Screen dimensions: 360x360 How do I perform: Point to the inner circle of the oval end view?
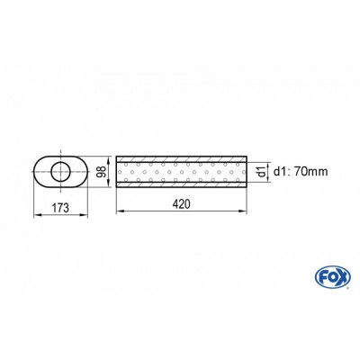(x=61, y=169)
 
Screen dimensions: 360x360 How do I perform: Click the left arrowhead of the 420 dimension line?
(x=120, y=211)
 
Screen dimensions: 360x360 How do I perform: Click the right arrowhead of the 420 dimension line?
(x=245, y=211)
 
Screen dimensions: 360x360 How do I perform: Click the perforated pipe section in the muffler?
(x=182, y=169)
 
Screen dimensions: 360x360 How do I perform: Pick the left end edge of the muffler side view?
(x=117, y=169)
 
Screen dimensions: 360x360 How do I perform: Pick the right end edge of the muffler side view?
(x=247, y=169)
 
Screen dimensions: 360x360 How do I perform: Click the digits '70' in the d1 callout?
(x=301, y=169)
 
